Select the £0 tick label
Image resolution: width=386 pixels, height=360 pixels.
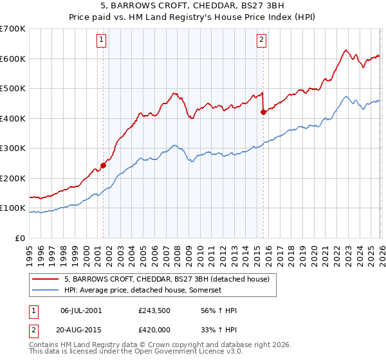click(20, 239)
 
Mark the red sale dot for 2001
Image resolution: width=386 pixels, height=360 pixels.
click(103, 165)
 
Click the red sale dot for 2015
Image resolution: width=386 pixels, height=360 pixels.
click(263, 113)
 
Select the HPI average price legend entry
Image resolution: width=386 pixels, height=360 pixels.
click(142, 290)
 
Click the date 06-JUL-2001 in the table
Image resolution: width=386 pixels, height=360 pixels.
click(81, 310)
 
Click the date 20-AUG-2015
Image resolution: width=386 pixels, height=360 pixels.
click(81, 330)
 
